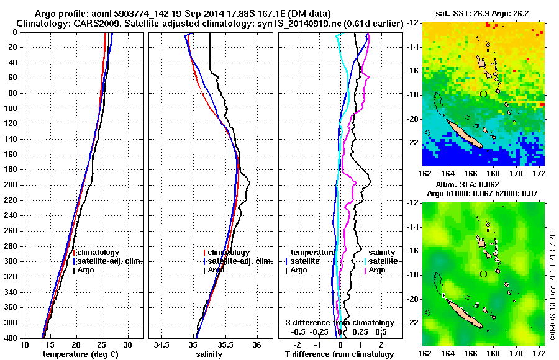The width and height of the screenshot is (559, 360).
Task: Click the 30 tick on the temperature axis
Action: coord(127,344)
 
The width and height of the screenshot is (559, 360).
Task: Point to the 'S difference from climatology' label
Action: coord(340,323)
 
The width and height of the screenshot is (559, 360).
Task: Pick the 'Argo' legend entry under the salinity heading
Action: coord(377,270)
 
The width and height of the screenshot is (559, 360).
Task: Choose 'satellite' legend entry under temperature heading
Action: coord(305,261)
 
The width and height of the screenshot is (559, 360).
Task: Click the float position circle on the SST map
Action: coord(483,94)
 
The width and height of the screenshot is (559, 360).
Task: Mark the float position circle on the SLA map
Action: coord(483,274)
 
